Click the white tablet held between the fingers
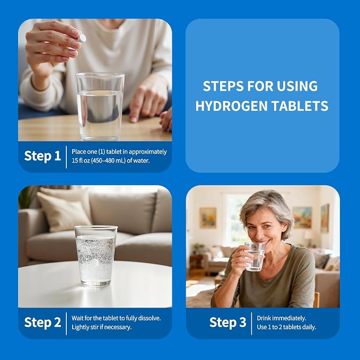tap(82, 38)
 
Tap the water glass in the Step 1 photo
tap(100, 106)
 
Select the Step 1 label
tap(42, 156)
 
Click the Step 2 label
tap(42, 322)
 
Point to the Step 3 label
tap(228, 322)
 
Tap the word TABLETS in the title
tap(300, 106)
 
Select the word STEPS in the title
tap(223, 86)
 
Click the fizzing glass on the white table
tap(96, 256)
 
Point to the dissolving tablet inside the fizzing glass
tap(94, 263)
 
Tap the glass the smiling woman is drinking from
tap(254, 257)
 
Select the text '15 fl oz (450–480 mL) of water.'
tap(111, 161)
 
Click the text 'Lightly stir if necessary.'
tap(101, 327)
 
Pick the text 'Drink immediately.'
tap(282, 318)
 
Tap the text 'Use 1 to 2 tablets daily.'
tap(286, 327)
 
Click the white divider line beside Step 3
tap(252, 323)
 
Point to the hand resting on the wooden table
tap(149, 101)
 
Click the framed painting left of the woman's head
tap(208, 218)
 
